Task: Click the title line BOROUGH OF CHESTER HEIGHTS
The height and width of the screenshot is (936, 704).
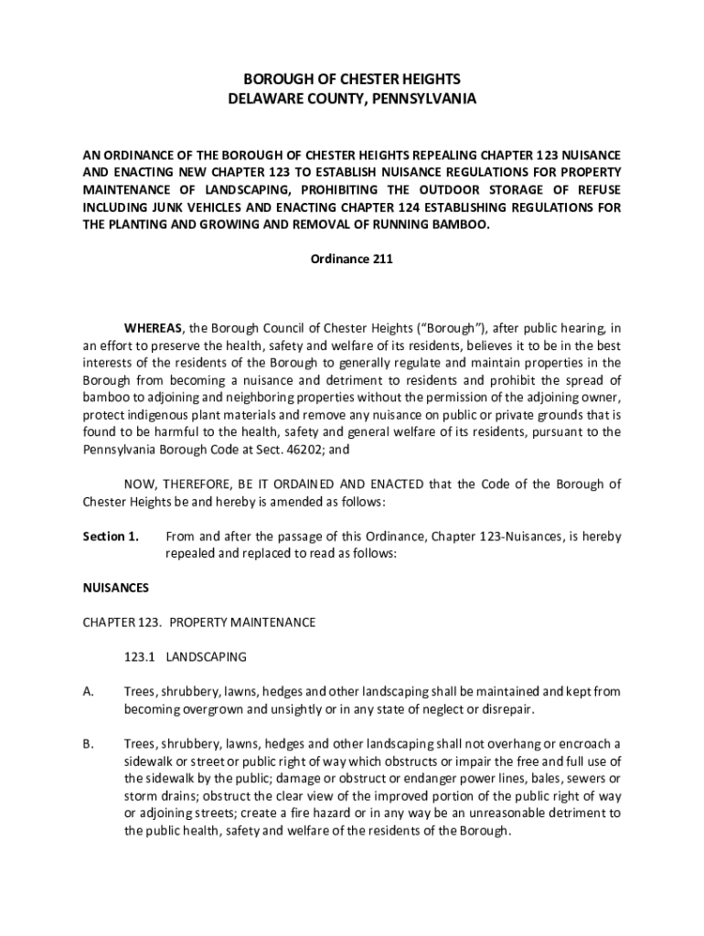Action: [352, 80]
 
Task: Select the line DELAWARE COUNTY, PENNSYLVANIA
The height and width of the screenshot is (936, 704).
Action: [352, 98]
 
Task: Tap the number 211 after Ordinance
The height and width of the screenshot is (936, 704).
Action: [382, 259]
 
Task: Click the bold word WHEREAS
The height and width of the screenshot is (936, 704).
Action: [154, 328]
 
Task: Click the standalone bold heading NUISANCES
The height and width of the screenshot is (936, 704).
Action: [116, 588]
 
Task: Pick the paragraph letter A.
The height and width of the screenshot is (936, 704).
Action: [88, 692]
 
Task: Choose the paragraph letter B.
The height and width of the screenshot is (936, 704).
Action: [88, 744]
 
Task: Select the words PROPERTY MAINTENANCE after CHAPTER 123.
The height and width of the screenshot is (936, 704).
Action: [241, 622]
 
